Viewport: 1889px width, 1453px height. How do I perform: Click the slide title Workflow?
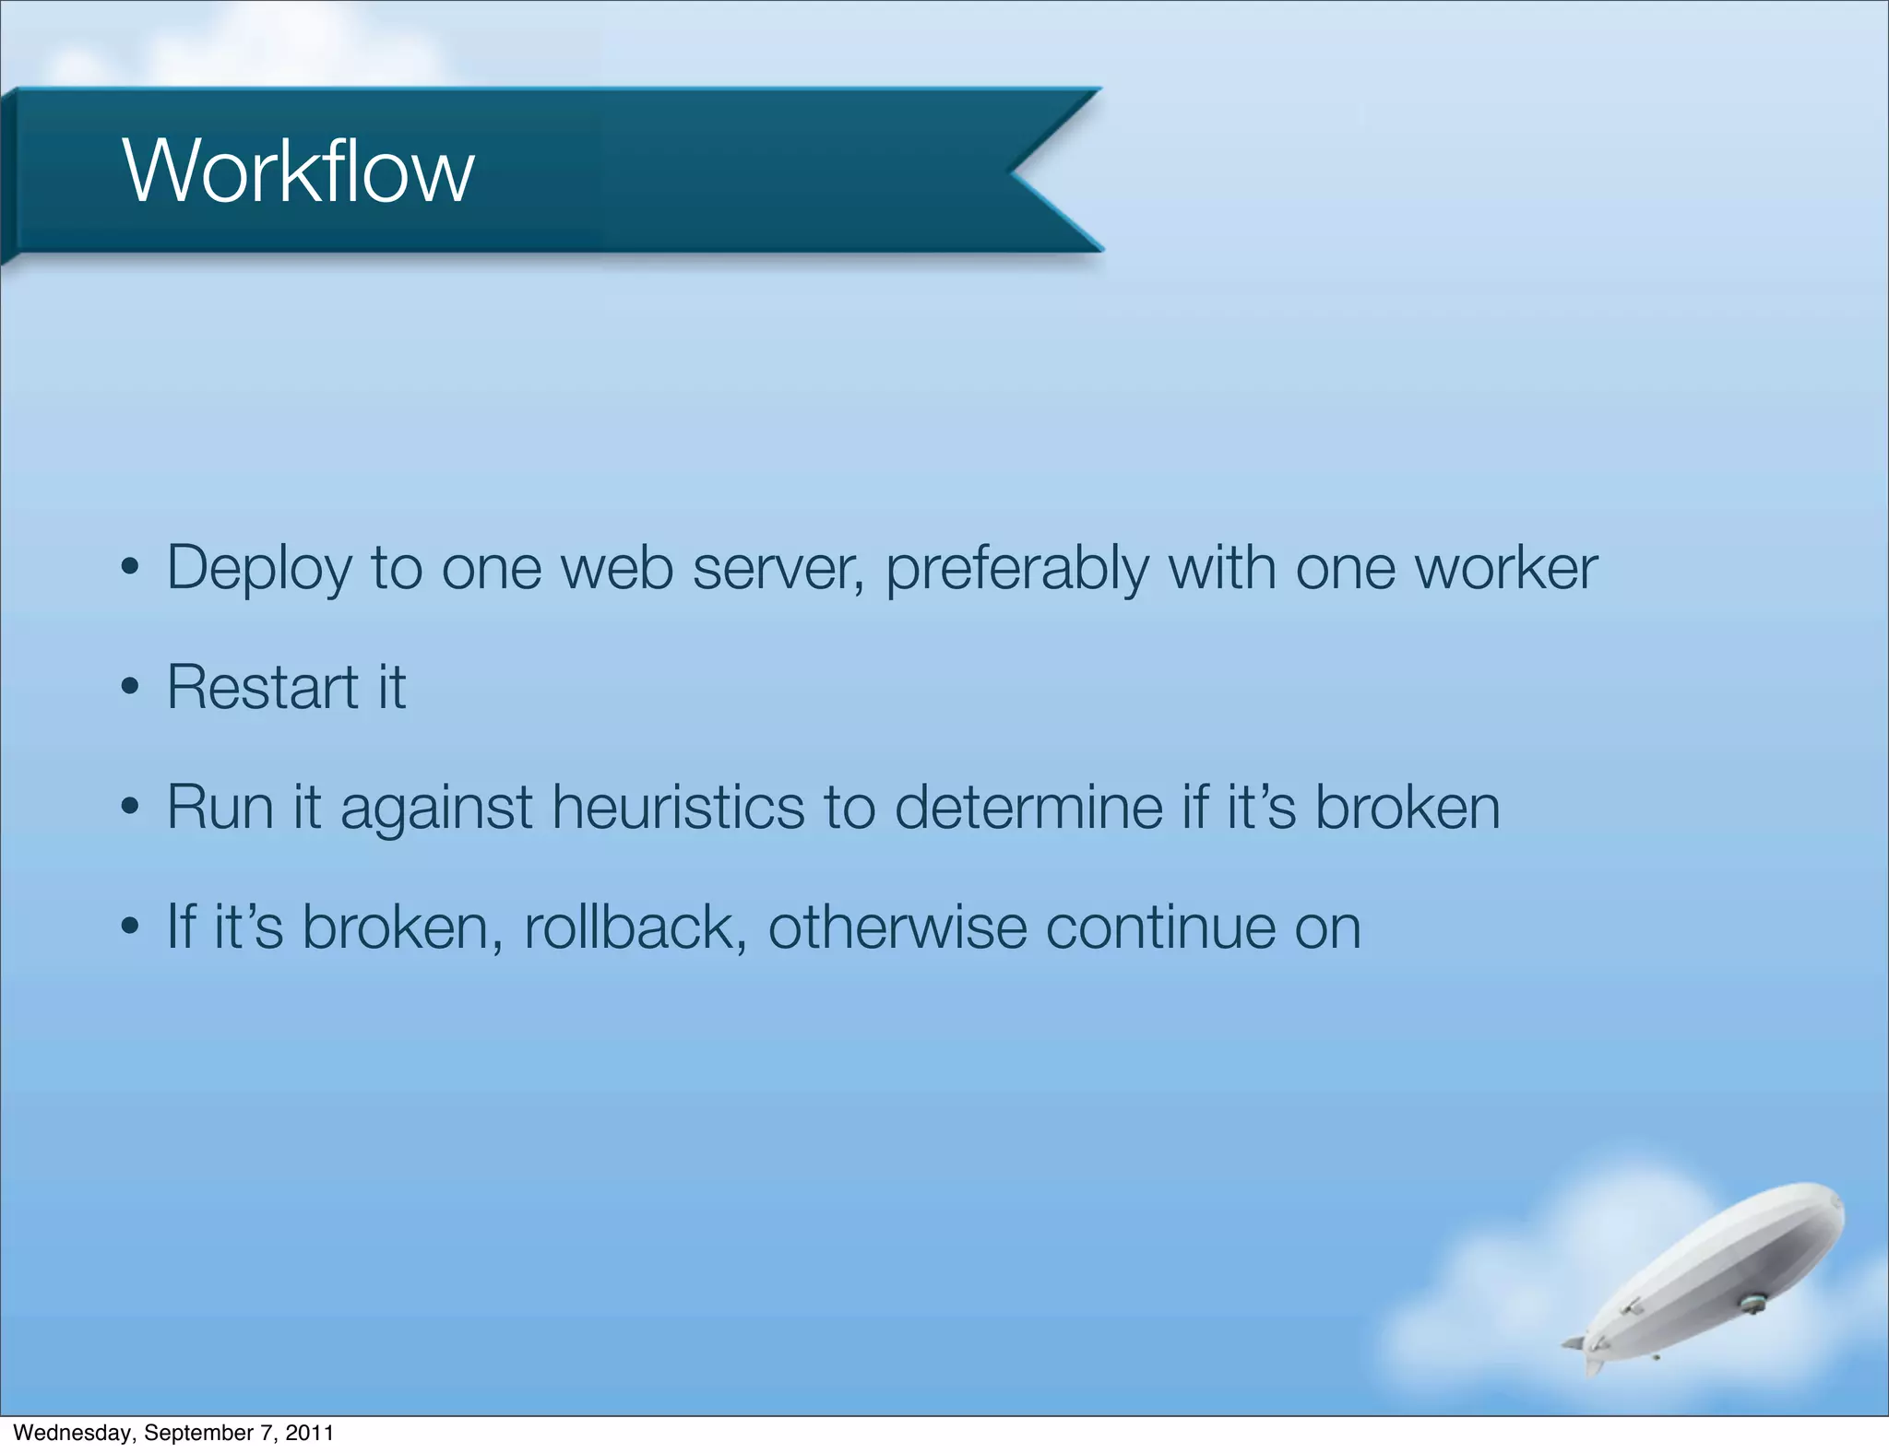[298, 171]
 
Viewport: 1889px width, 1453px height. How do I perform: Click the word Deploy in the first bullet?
[258, 569]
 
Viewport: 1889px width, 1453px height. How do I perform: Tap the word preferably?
[1016, 569]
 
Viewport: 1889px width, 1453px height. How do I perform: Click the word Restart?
[262, 688]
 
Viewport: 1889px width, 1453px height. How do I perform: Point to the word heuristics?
[678, 807]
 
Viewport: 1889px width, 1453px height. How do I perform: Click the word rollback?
[635, 927]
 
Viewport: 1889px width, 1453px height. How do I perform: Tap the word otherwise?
[897, 927]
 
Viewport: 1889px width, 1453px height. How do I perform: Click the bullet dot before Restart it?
[130, 688]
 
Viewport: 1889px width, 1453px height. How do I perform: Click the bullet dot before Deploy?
[130, 568]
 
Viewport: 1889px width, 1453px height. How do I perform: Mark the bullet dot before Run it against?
[130, 808]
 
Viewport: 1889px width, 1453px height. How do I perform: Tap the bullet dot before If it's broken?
[130, 927]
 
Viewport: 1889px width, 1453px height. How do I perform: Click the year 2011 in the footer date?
[309, 1433]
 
